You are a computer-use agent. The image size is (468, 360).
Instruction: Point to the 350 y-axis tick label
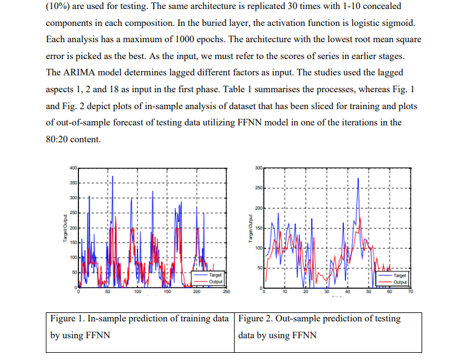pyautogui.click(x=72, y=183)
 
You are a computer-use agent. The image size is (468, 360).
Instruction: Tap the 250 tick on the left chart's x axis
pyautogui.click(x=226, y=291)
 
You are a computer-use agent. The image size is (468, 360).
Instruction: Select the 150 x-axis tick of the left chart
pyautogui.click(x=167, y=291)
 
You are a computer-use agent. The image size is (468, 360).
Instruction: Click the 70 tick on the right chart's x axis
pyautogui.click(x=410, y=291)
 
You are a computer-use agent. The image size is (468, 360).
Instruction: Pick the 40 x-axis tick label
pyautogui.click(x=347, y=291)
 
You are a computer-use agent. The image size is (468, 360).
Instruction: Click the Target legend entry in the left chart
pyautogui.click(x=215, y=274)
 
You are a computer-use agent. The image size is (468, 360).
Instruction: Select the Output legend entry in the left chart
pyautogui.click(x=215, y=281)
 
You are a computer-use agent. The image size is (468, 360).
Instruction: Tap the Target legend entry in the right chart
pyautogui.click(x=399, y=274)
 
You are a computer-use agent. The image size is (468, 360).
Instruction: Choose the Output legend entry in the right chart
pyautogui.click(x=399, y=281)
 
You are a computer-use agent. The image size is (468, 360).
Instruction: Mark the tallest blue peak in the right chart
pyautogui.click(x=358, y=178)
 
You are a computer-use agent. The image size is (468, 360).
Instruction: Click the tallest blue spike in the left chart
pyautogui.click(x=112, y=176)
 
